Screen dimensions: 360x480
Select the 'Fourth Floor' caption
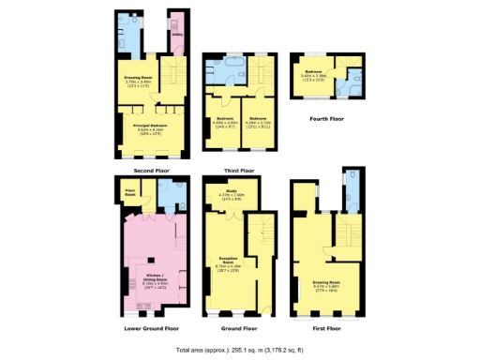pyautogui.click(x=327, y=119)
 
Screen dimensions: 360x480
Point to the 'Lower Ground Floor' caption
pyautogui.click(x=152, y=329)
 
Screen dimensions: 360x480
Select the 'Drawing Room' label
pyautogui.click(x=326, y=282)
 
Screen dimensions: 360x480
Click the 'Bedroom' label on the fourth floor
pyautogui.click(x=314, y=72)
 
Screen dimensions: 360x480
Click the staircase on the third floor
pyautogui.click(x=263, y=74)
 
